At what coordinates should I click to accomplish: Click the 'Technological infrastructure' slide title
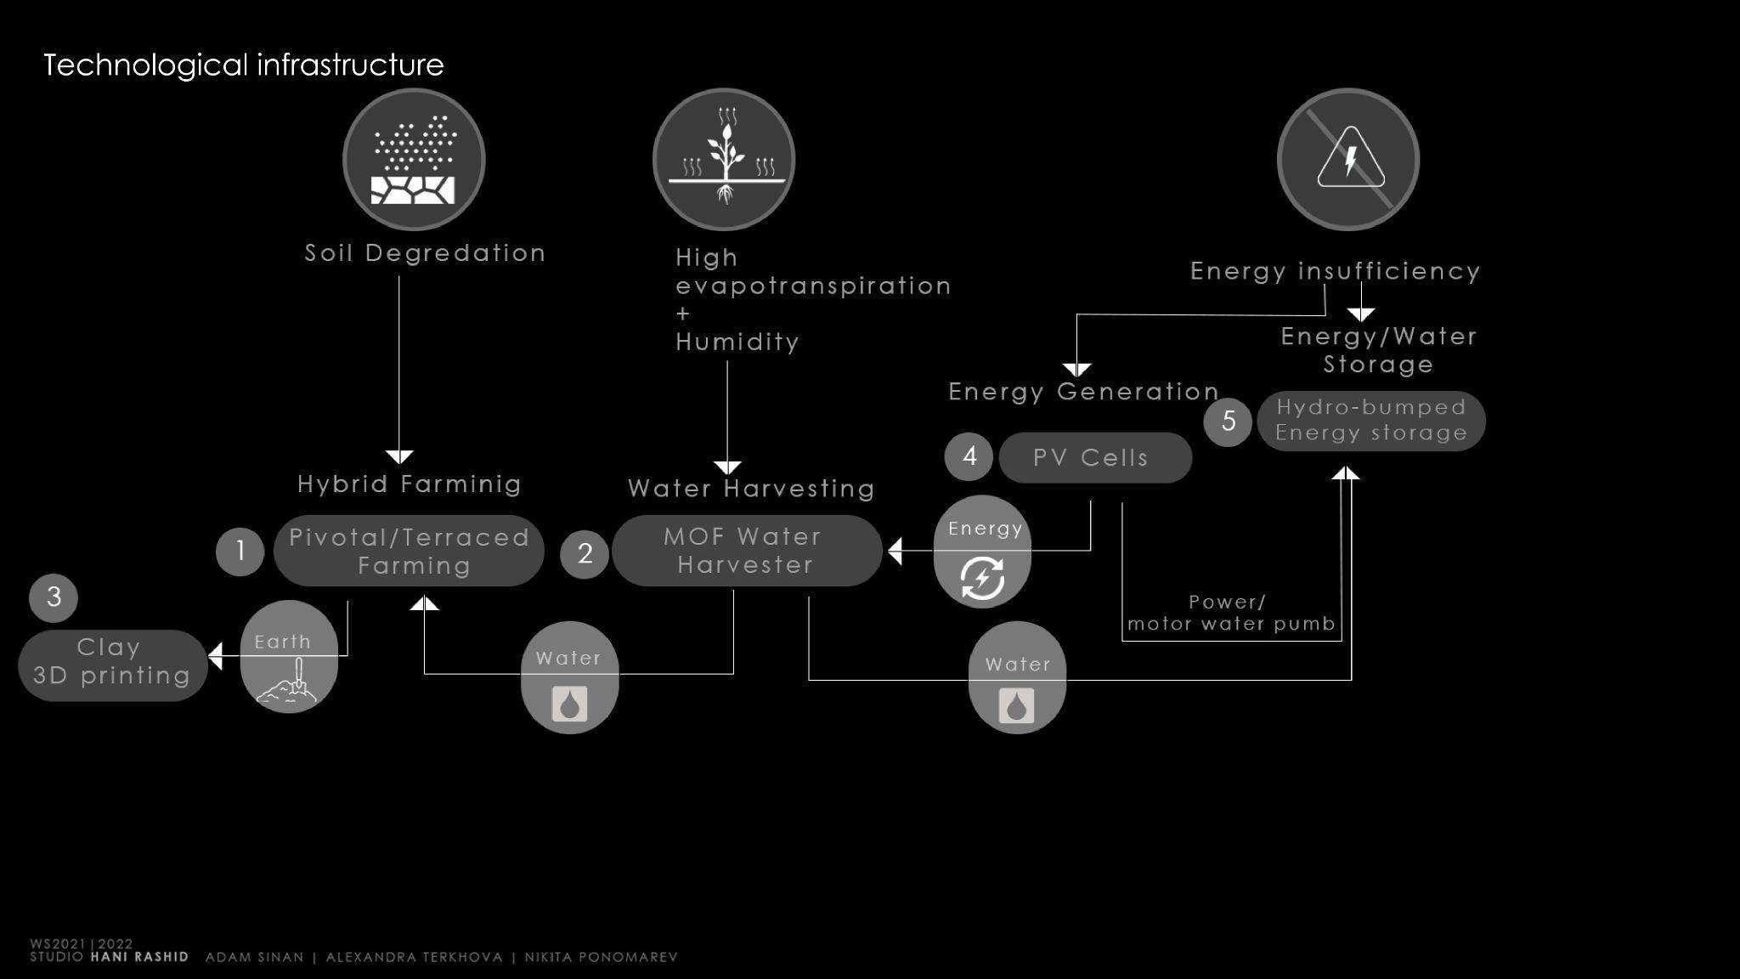pyautogui.click(x=244, y=65)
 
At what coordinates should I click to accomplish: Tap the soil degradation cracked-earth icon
pyautogui.click(x=414, y=160)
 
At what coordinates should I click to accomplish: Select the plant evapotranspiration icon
pyautogui.click(x=724, y=160)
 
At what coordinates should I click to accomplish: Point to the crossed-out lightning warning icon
pyautogui.click(x=1348, y=160)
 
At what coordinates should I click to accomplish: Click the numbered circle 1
pyautogui.click(x=240, y=552)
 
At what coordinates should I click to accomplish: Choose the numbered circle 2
pyautogui.click(x=585, y=554)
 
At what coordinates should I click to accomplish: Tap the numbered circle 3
pyautogui.click(x=54, y=597)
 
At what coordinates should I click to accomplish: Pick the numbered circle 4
pyautogui.click(x=969, y=456)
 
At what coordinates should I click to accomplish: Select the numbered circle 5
pyautogui.click(x=1229, y=421)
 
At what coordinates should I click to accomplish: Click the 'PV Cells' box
pyautogui.click(x=1095, y=458)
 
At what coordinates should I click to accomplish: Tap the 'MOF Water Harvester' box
pyautogui.click(x=746, y=551)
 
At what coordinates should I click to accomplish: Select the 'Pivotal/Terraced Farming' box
pyautogui.click(x=409, y=551)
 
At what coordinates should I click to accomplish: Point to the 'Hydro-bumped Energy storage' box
pyautogui.click(x=1370, y=421)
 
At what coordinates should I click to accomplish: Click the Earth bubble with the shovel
pyautogui.click(x=289, y=657)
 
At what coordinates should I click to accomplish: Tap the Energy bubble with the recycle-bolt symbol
pyautogui.click(x=982, y=552)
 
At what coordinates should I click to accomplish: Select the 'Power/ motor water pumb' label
pyautogui.click(x=1231, y=614)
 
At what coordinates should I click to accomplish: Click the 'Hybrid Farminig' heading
pyautogui.click(x=410, y=484)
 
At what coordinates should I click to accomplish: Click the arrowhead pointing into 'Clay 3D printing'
pyautogui.click(x=216, y=656)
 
